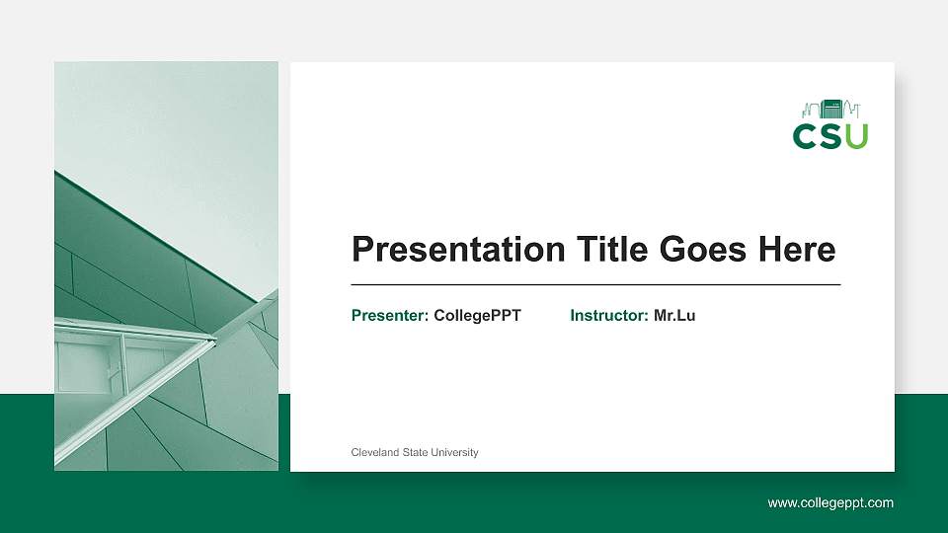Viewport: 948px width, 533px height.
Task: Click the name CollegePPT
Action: (x=477, y=316)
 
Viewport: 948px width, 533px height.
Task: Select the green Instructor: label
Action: (x=609, y=316)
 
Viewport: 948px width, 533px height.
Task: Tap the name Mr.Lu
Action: (x=674, y=316)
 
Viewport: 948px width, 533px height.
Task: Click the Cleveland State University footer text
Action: (x=415, y=452)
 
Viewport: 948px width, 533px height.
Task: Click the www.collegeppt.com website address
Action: (x=830, y=502)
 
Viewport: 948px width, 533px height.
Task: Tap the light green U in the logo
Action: (x=856, y=136)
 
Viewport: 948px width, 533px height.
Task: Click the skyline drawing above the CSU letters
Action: (x=830, y=109)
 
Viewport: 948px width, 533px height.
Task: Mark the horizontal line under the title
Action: (x=595, y=284)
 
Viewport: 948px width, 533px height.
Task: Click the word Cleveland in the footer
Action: (x=374, y=452)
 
